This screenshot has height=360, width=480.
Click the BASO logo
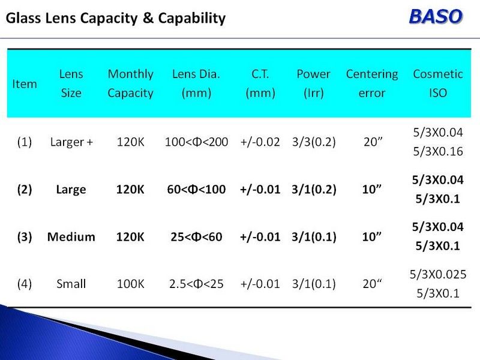[436, 17]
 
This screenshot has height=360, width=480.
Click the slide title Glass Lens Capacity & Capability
[116, 18]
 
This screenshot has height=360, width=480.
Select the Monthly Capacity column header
[130, 83]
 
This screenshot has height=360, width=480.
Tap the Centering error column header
[372, 83]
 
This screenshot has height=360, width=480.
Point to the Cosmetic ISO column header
[438, 83]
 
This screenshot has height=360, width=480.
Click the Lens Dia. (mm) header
[196, 83]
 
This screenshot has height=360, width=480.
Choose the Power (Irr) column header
[313, 83]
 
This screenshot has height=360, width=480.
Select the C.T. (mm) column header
[260, 83]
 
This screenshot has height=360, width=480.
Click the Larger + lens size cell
[71, 142]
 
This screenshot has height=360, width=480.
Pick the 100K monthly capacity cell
[130, 284]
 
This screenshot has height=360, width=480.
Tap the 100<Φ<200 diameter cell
[196, 142]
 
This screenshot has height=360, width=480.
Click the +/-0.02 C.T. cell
[260, 142]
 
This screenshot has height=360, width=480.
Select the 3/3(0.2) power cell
[314, 142]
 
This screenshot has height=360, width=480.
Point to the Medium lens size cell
[71, 236]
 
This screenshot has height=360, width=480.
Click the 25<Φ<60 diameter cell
[196, 236]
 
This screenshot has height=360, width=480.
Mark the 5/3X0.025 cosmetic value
[438, 274]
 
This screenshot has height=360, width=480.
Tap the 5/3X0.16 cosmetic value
[438, 151]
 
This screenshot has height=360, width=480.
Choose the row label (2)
[25, 190]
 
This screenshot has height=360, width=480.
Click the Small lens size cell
[71, 284]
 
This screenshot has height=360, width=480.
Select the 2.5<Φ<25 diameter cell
[196, 284]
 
